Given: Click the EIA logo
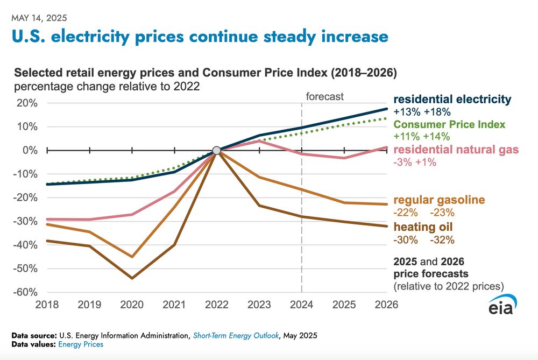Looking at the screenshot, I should [x=503, y=307].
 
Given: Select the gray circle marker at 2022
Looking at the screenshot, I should [x=216, y=150].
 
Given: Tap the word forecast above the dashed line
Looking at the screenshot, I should [x=324, y=97].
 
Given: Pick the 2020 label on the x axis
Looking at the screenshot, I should [x=131, y=305].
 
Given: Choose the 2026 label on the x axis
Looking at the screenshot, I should [x=386, y=305].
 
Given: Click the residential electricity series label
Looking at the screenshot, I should [x=451, y=100].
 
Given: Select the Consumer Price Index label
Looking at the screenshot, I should [x=449, y=124].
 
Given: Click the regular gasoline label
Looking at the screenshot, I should [x=439, y=200].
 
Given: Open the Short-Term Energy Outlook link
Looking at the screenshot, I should [x=236, y=336].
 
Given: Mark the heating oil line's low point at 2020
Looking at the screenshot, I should [x=132, y=278].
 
